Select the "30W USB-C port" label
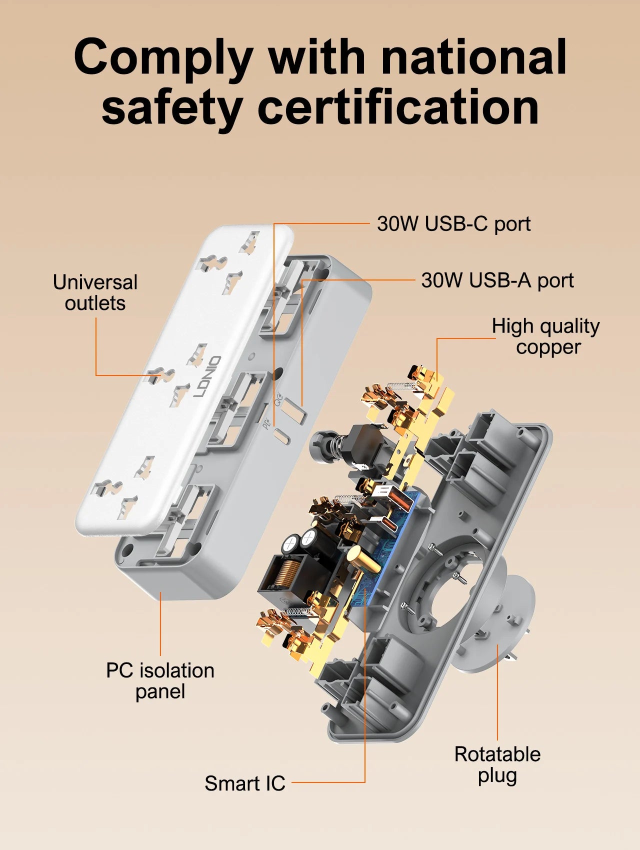[453, 224]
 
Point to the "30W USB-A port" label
[497, 280]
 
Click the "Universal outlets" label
[95, 292]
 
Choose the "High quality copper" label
[546, 336]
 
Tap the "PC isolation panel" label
[160, 681]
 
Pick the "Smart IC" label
[245, 783]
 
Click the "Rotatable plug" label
[497, 765]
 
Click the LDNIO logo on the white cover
[207, 376]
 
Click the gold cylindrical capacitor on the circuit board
[362, 560]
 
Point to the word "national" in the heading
[473, 57]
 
